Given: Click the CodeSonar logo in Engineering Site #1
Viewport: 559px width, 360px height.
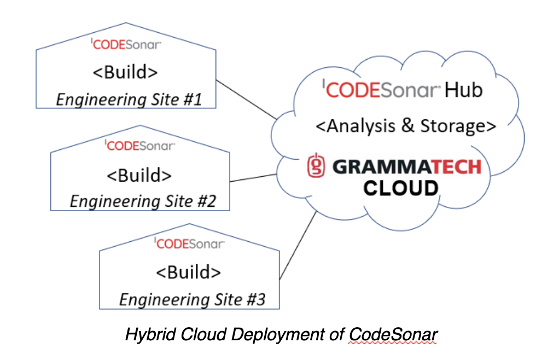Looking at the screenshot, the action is (126, 44).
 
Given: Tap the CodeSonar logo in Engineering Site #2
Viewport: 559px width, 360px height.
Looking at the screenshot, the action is (140, 146).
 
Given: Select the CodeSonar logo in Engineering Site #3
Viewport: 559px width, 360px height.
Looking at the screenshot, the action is (189, 243).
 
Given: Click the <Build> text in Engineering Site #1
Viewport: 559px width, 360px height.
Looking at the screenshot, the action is (125, 72).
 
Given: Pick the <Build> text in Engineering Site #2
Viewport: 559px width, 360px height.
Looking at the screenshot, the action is (139, 176).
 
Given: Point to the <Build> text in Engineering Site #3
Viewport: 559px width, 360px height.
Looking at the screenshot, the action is (188, 272).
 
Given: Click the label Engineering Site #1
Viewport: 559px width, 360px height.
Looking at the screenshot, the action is (129, 100).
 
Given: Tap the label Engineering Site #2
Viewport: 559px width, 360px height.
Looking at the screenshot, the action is (143, 201).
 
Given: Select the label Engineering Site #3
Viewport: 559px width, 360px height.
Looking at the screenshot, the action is (193, 299).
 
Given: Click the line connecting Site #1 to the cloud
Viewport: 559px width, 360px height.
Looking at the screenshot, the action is (246, 100).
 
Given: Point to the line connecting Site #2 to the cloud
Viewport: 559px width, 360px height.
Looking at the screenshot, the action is (253, 178).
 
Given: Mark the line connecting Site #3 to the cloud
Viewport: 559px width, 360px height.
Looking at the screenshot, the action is (298, 245).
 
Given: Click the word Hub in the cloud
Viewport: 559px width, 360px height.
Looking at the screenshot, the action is (463, 90).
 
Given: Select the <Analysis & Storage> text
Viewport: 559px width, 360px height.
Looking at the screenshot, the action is (406, 126).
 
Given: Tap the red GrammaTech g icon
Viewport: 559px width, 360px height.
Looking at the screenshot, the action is (316, 165).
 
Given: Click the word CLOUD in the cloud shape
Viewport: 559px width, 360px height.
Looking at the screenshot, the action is (401, 188).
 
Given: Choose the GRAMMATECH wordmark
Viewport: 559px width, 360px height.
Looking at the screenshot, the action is (407, 167).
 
